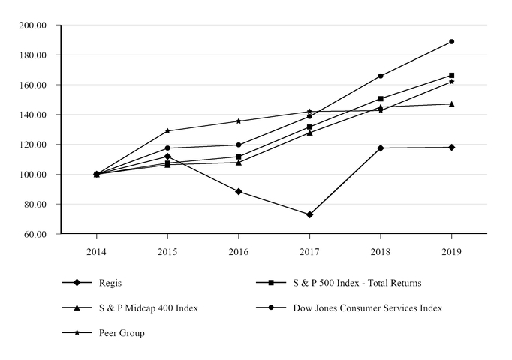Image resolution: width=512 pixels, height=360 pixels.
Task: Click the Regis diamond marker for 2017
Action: coord(309,214)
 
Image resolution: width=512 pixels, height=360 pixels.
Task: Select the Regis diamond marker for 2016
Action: coord(239,191)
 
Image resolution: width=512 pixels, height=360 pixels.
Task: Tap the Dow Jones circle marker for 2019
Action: coord(451,41)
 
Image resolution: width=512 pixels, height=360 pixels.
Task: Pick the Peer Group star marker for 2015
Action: coord(167,131)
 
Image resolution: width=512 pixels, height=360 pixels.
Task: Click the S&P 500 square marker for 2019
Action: coord(451,75)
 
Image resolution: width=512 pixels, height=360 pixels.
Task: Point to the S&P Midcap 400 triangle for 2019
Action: coord(451,104)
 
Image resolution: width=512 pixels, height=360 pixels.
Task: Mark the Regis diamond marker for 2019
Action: coord(451,147)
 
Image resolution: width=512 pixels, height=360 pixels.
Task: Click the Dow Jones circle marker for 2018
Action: coord(381,76)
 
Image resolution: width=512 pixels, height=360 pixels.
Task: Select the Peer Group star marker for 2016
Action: coord(239,121)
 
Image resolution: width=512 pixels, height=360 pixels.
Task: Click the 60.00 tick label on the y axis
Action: coord(35,234)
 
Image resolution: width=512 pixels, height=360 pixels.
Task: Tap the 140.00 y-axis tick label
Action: coord(33,115)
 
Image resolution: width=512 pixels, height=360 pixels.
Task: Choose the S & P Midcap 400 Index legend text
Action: coord(149,307)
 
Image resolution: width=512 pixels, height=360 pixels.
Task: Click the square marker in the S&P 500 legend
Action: coord(267,283)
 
